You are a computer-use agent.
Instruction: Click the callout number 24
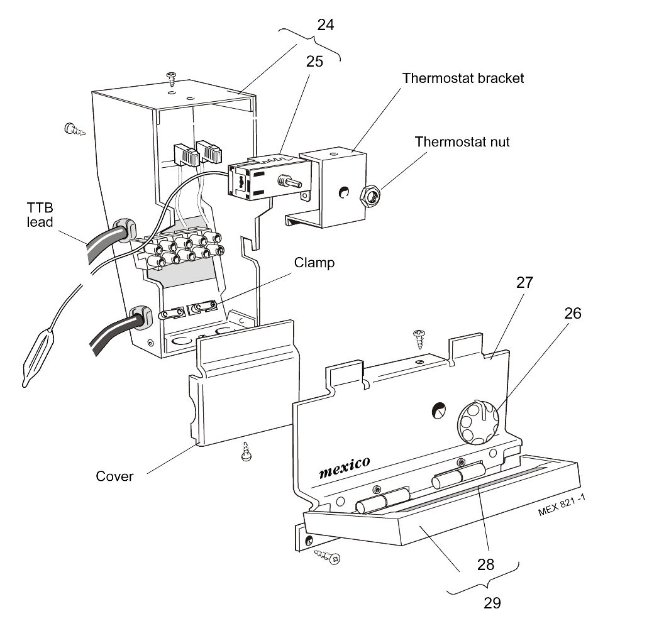(x=325, y=25)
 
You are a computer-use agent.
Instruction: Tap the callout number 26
(x=572, y=312)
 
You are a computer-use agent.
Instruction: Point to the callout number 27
(x=524, y=282)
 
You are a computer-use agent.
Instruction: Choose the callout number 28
(x=486, y=564)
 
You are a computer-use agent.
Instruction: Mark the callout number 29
(x=492, y=603)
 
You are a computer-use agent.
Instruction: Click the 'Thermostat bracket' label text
(x=463, y=78)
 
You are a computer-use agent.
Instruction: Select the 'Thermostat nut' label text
(x=462, y=141)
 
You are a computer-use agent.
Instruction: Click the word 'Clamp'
(x=314, y=263)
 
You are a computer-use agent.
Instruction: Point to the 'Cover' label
(x=114, y=476)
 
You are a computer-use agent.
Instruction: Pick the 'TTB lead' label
(x=40, y=215)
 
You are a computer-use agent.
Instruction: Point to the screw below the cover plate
(x=247, y=452)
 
